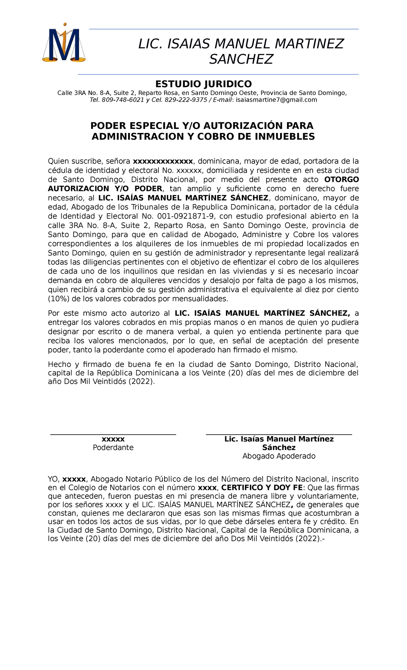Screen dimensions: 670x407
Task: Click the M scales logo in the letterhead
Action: pyautogui.click(x=64, y=43)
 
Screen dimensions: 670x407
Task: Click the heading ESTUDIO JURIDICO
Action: pyautogui.click(x=203, y=84)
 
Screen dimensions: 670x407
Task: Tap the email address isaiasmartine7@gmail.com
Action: pyautogui.click(x=276, y=100)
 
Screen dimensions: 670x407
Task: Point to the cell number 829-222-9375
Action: pyautogui.click(x=186, y=100)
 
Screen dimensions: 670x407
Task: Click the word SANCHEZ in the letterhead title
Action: pyautogui.click(x=241, y=59)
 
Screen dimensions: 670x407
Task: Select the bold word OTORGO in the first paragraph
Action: pyautogui.click(x=342, y=179)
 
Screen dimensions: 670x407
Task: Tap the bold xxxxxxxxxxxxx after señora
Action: pyautogui.click(x=163, y=161)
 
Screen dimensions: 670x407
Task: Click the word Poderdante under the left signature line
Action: pyautogui.click(x=113, y=448)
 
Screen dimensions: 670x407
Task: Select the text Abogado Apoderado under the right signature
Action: pyautogui.click(x=279, y=456)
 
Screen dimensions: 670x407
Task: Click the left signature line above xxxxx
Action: pyautogui.click(x=113, y=434)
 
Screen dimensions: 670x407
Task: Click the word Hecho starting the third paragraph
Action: pyautogui.click(x=60, y=364)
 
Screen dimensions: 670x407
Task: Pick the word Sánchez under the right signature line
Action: pyautogui.click(x=279, y=448)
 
